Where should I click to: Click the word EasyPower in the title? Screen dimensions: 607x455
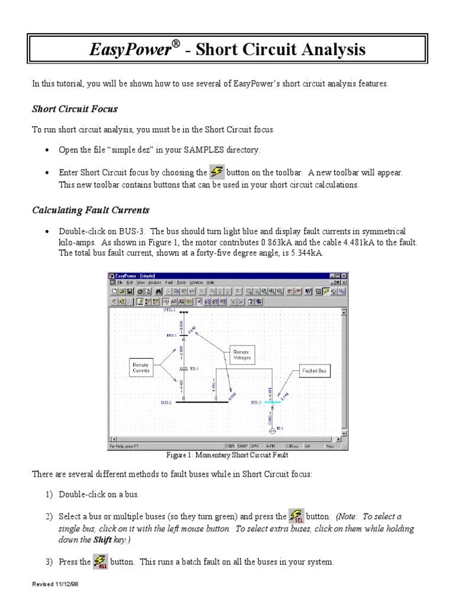(x=130, y=50)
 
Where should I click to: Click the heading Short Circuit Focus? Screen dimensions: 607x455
(x=75, y=108)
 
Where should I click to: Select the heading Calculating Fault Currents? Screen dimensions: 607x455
(x=91, y=210)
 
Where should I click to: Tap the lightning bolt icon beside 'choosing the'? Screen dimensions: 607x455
(x=217, y=172)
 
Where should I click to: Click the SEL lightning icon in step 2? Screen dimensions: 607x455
(x=296, y=516)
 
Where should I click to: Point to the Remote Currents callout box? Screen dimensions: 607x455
(x=141, y=367)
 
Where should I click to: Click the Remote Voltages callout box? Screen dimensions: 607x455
(x=242, y=355)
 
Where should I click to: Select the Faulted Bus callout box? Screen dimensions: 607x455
(x=314, y=370)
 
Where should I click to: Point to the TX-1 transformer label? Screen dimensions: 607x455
(x=194, y=368)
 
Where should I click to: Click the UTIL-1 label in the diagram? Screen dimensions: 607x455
(x=169, y=310)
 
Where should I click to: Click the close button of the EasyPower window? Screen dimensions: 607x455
(x=345, y=276)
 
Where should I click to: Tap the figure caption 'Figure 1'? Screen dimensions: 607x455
(x=227, y=455)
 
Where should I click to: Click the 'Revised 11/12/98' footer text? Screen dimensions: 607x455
(x=55, y=584)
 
